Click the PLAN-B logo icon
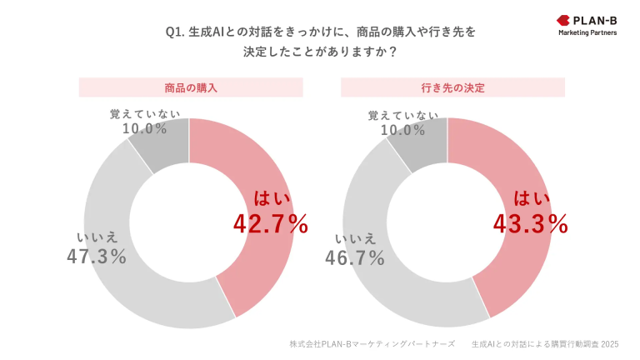(562, 19)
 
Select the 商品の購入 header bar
(191, 87)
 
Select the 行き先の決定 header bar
(452, 87)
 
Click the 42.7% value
(269, 223)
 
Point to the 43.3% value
(531, 223)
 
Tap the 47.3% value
(97, 257)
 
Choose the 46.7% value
(355, 257)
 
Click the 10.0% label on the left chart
(144, 128)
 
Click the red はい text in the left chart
(270, 198)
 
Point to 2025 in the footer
(610, 343)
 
